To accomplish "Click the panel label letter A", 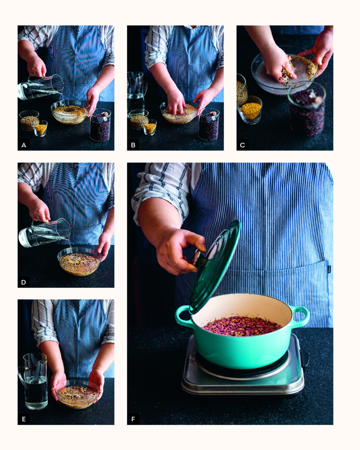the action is (x=24, y=145).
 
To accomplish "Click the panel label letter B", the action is (x=133, y=145).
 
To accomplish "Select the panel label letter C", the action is (x=243, y=145).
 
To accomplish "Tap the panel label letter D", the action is (x=24, y=282).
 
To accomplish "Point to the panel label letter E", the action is (x=24, y=419).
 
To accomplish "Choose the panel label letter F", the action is (x=133, y=419).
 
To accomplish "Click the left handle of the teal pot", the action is (x=182, y=316).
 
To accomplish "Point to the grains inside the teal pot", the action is (x=242, y=326).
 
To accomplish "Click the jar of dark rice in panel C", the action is (x=306, y=111).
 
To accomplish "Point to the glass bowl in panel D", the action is (x=80, y=261).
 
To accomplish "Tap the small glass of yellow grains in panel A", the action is (x=40, y=128).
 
